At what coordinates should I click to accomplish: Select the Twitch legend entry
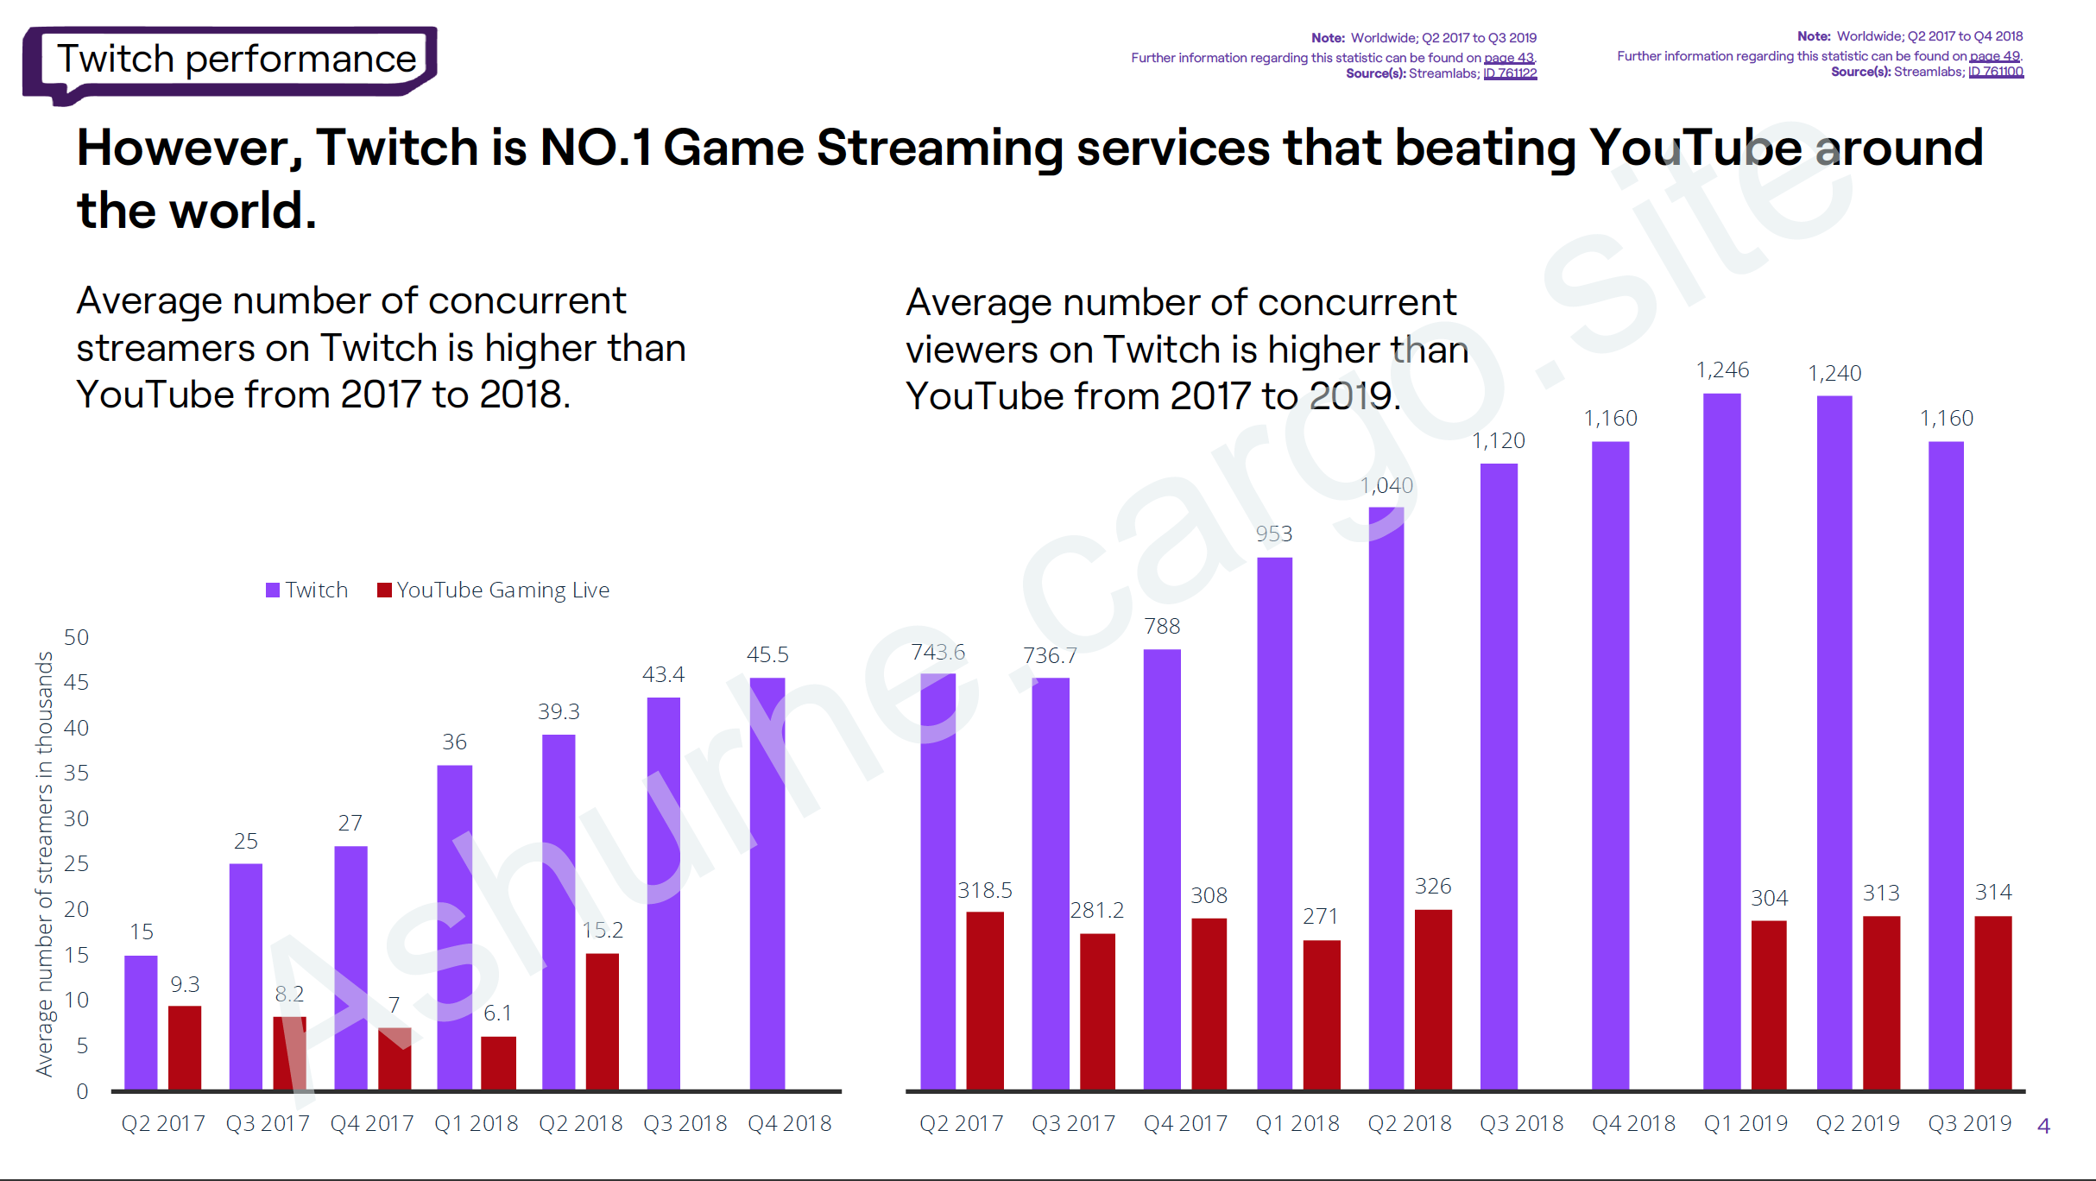pyautogui.click(x=307, y=590)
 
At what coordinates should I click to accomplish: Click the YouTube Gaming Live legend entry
pyautogui.click(x=494, y=590)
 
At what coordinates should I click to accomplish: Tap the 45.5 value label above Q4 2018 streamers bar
pyautogui.click(x=767, y=654)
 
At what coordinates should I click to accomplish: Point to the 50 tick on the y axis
pyautogui.click(x=77, y=637)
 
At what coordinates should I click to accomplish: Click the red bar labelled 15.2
pyautogui.click(x=602, y=1020)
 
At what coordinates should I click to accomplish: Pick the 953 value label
pyautogui.click(x=1274, y=534)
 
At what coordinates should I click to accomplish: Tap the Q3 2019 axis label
pyautogui.click(x=1969, y=1123)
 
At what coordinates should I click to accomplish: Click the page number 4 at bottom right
pyautogui.click(x=2043, y=1126)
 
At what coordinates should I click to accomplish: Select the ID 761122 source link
pyautogui.click(x=1510, y=73)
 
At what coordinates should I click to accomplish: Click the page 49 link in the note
pyautogui.click(x=1994, y=56)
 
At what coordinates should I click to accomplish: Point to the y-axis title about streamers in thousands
pyautogui.click(x=44, y=863)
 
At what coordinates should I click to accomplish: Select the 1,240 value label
pyautogui.click(x=1834, y=373)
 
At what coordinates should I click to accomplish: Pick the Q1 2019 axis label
pyautogui.click(x=1746, y=1123)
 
